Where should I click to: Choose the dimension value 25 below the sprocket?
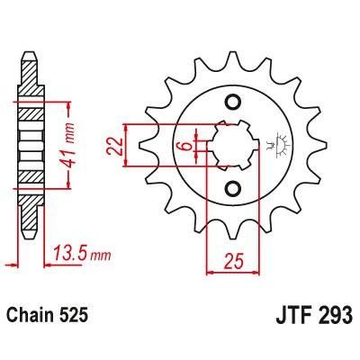pos(232,262)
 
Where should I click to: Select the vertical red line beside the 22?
pos(133,145)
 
